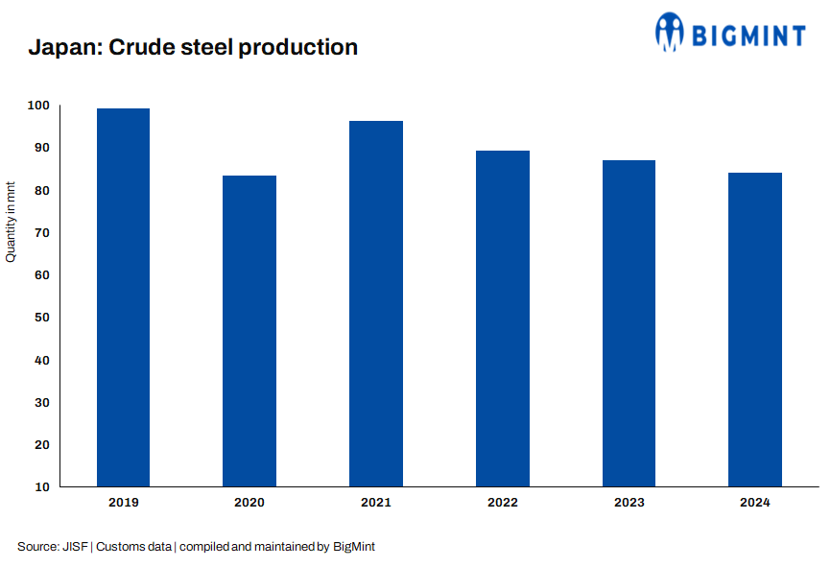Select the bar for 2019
(x=123, y=297)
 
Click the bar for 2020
(x=249, y=331)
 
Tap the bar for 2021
(x=376, y=303)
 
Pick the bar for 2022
(x=502, y=319)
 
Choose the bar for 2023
(x=629, y=323)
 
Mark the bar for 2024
(x=755, y=329)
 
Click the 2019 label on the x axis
(x=123, y=502)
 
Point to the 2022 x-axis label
(x=502, y=502)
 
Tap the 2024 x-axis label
(x=755, y=502)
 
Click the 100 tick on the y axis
(x=39, y=106)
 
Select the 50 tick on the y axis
(x=42, y=318)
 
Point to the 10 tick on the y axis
(x=42, y=487)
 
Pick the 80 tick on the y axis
(x=42, y=191)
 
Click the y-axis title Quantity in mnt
(x=12, y=221)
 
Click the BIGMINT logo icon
(x=669, y=31)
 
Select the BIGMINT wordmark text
(x=749, y=35)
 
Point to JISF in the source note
(x=76, y=546)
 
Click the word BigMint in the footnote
(x=353, y=546)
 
